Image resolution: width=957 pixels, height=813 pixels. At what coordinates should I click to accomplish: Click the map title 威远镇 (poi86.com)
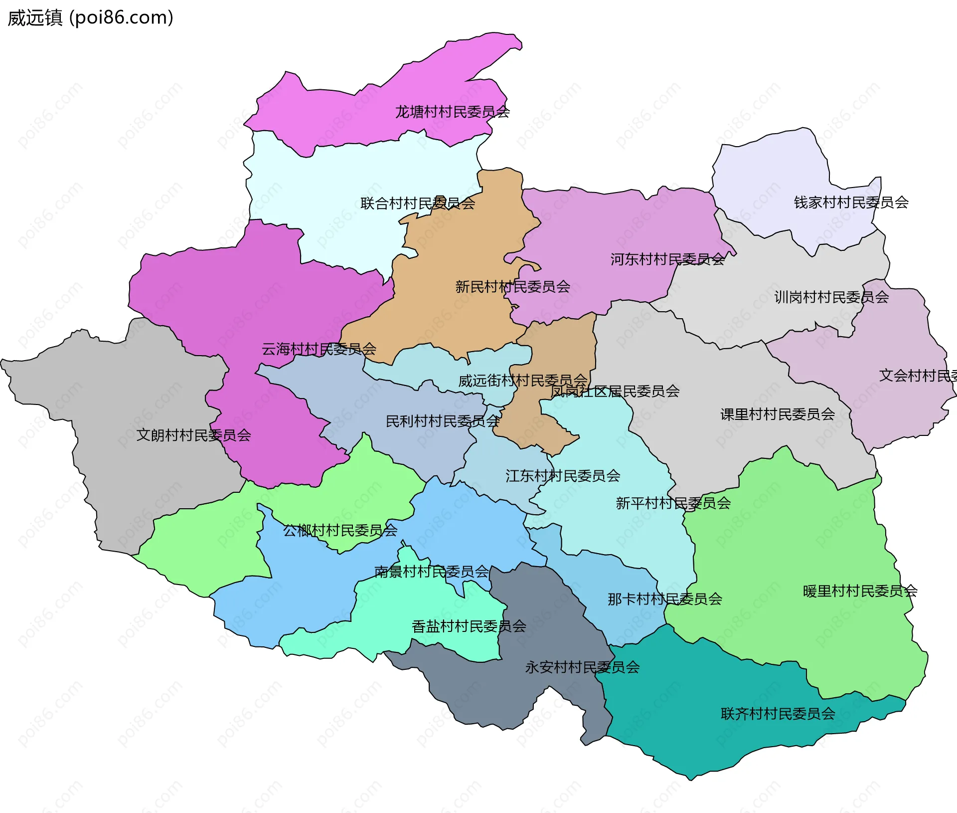point(90,18)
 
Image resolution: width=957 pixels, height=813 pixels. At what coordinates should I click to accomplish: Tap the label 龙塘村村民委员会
point(452,112)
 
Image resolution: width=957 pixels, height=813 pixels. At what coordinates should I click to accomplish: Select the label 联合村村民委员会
point(418,203)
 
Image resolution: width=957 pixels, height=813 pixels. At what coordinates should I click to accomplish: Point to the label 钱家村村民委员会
point(851,203)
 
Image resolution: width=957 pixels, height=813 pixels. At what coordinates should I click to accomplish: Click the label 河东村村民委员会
point(667,259)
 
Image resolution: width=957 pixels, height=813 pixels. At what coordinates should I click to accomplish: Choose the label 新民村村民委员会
point(512,287)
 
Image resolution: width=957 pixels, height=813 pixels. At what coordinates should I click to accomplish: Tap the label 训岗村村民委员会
point(831,297)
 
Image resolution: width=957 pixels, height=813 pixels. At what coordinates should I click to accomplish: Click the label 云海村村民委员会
point(319,349)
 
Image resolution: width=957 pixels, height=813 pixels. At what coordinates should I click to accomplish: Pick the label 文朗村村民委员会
point(193,435)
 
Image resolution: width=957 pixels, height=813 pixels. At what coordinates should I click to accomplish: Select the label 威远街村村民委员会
point(522,381)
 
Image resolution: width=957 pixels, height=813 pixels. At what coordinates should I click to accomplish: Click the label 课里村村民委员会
point(778,414)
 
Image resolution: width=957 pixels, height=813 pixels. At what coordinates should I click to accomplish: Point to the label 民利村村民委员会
point(443,421)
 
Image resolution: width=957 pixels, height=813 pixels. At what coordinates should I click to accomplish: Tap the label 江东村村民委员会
point(563,476)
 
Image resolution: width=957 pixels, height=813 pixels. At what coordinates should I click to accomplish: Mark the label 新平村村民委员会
point(673,503)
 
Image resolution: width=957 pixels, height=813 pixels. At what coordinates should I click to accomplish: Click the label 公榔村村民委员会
point(340,531)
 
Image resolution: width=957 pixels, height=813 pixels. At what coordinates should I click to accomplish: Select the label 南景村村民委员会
point(431,572)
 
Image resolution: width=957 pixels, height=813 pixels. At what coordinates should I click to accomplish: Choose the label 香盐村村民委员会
point(469,626)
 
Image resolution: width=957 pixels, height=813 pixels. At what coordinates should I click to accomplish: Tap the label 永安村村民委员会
point(582,667)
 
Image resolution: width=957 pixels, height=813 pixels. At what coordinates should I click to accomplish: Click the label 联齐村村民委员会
point(778,714)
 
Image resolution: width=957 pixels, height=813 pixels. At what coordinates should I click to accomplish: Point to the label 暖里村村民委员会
point(860,592)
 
